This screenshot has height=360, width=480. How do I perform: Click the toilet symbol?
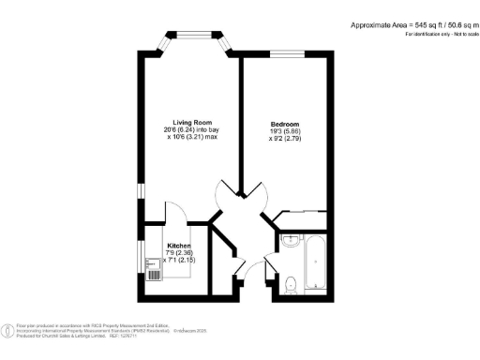[290, 280]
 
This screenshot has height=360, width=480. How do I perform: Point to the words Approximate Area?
[376, 24]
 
